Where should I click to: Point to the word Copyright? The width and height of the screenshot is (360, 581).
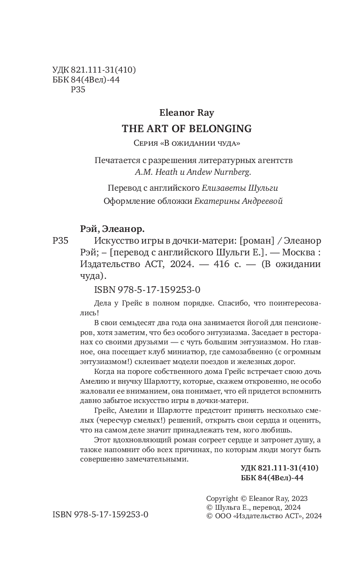223,499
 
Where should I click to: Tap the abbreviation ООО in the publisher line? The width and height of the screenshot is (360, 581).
222,515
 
